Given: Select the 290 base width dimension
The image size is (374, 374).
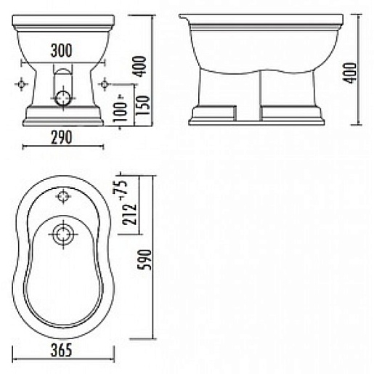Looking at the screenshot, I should (x=62, y=137).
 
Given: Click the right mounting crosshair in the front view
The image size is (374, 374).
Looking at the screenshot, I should (x=106, y=84).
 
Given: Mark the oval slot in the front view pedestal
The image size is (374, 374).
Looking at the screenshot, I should (x=64, y=76).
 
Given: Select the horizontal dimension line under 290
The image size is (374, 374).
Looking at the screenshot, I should (x=62, y=147).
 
